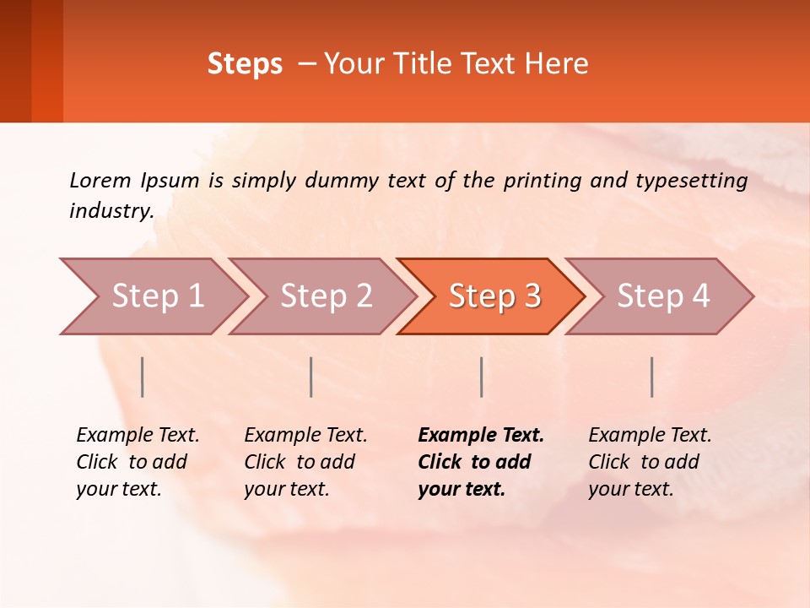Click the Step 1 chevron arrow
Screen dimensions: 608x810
tap(157, 296)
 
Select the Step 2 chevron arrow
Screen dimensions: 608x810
tap(326, 296)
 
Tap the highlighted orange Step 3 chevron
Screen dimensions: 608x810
tap(494, 296)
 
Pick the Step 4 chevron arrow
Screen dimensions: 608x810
tap(663, 296)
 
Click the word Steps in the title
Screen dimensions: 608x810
tap(245, 64)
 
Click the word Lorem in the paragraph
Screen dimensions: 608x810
tap(100, 180)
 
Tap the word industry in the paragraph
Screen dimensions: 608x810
tap(111, 211)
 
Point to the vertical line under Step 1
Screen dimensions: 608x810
tap(142, 377)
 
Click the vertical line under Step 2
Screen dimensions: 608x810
tap(311, 377)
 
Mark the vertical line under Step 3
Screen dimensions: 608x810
tap(481, 377)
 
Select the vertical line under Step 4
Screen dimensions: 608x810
tap(651, 377)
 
